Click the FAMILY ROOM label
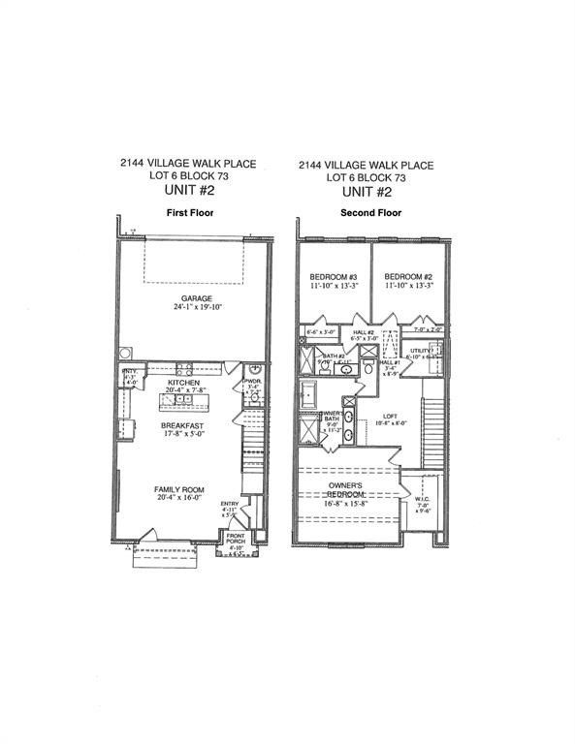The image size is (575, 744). click(182, 489)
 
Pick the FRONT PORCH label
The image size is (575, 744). click(236, 539)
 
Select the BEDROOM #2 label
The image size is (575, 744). click(407, 276)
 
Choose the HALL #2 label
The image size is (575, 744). click(364, 330)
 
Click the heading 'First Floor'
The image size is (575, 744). click(189, 211)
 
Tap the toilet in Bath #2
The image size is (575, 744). click(369, 368)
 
